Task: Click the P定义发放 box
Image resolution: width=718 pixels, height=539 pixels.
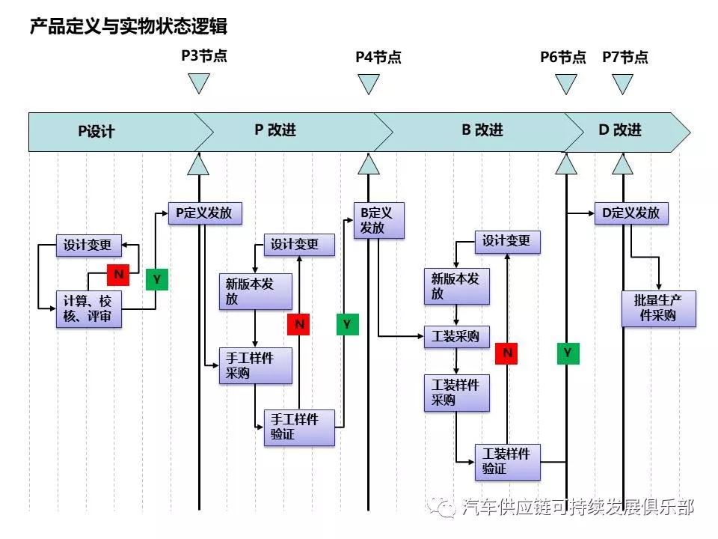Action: tap(204, 213)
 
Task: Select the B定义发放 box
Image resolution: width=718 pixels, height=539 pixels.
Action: tap(378, 220)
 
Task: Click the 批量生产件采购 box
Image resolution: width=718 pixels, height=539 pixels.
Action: tap(658, 308)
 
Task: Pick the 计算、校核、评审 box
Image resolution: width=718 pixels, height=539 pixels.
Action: tap(89, 309)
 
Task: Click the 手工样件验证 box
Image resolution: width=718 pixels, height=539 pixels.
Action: tap(299, 427)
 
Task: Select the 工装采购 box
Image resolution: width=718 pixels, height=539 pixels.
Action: tap(456, 337)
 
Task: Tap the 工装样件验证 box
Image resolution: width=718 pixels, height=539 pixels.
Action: tap(507, 462)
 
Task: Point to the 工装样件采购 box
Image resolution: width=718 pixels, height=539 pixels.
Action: tap(456, 393)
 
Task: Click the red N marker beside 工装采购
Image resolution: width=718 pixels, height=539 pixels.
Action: tap(508, 353)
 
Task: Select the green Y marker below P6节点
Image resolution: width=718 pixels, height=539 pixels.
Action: tap(568, 353)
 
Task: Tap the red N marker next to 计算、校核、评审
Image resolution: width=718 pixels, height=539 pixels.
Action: tap(118, 275)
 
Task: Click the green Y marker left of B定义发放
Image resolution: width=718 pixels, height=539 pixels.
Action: tap(347, 324)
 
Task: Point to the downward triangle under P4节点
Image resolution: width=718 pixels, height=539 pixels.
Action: tap(368, 84)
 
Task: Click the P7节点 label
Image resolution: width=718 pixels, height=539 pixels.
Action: tap(625, 58)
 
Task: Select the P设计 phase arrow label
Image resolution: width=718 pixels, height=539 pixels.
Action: tap(97, 132)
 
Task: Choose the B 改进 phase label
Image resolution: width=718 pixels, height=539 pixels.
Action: tap(482, 130)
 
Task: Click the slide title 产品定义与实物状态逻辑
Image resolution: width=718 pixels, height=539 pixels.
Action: tap(128, 27)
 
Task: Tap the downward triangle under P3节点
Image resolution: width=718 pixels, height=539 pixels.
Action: tap(198, 84)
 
